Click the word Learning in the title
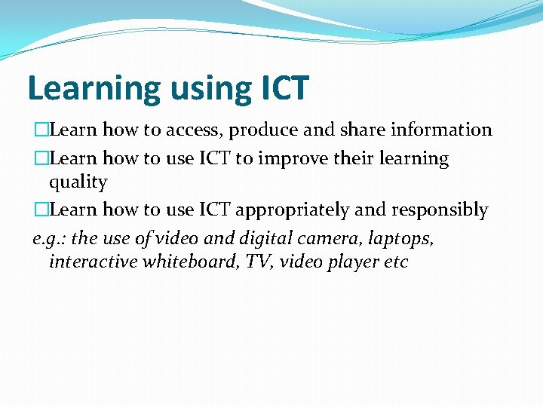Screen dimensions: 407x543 tap(94, 89)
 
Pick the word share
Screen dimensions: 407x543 tap(362, 130)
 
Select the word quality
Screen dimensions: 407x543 tap(78, 182)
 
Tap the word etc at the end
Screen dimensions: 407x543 tap(396, 262)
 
